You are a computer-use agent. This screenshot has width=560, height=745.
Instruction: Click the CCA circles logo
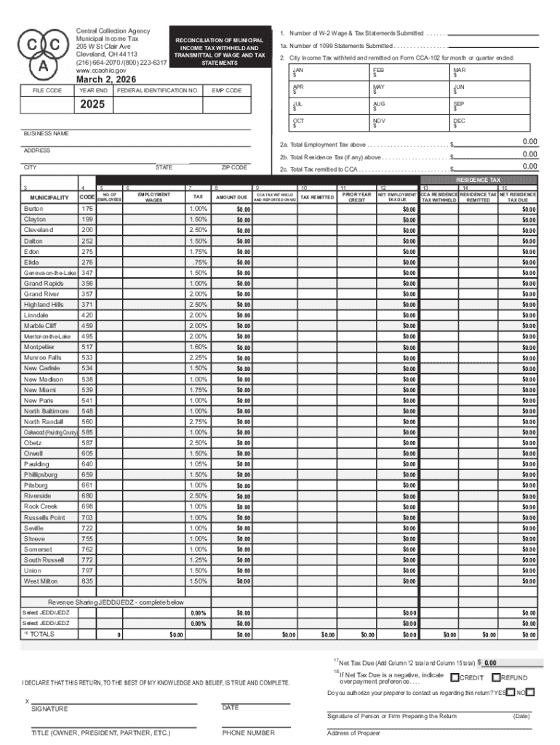(35, 52)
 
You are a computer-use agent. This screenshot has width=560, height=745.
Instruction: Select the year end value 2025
(92, 105)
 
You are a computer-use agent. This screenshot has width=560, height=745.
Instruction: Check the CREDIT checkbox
(455, 678)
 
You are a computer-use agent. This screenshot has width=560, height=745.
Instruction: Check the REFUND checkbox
(496, 678)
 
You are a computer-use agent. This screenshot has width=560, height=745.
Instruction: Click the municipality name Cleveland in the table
(38, 230)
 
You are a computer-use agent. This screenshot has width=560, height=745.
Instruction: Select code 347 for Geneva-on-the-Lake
(87, 272)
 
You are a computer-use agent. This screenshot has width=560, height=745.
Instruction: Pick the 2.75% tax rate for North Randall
(198, 421)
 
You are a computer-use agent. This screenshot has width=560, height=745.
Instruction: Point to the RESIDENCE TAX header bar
(478, 179)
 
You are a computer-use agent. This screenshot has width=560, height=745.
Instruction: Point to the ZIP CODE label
(233, 167)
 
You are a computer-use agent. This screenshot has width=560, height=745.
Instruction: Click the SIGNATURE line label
(49, 709)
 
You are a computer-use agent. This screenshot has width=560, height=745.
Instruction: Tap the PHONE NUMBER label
(249, 733)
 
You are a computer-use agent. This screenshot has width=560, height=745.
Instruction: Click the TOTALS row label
(41, 634)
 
